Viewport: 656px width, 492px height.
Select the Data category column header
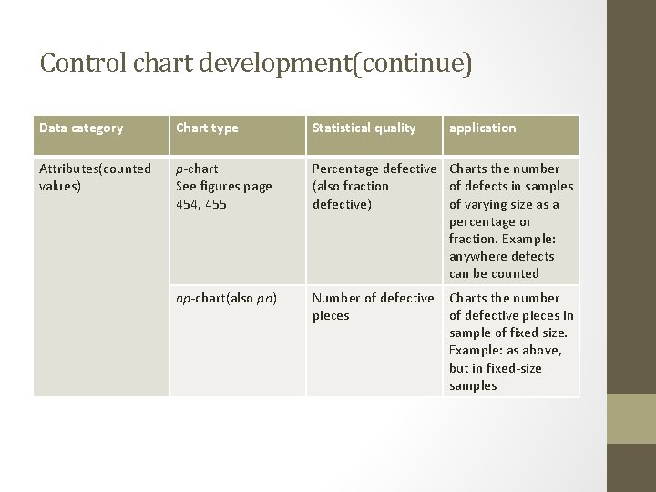coord(81,128)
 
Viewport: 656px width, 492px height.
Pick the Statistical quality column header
coord(364,128)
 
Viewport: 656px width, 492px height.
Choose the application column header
coord(482,128)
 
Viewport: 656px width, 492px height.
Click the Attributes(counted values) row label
coord(95,177)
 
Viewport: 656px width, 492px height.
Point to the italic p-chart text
coord(197,169)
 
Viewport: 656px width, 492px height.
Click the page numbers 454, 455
coord(201,204)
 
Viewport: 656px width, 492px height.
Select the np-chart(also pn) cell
coord(226,298)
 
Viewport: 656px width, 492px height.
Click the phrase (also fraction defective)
coord(351,195)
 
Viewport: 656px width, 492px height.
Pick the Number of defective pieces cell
coord(373,306)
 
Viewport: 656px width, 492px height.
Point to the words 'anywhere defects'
coord(502,256)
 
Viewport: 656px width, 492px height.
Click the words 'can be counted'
coord(494,273)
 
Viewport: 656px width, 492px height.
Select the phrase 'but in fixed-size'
coord(495,368)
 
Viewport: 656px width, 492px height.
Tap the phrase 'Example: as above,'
coord(505,351)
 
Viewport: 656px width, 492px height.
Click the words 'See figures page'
coord(223,186)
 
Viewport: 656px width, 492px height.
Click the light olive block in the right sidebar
coord(630,419)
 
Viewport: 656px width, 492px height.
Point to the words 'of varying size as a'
coord(504,204)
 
